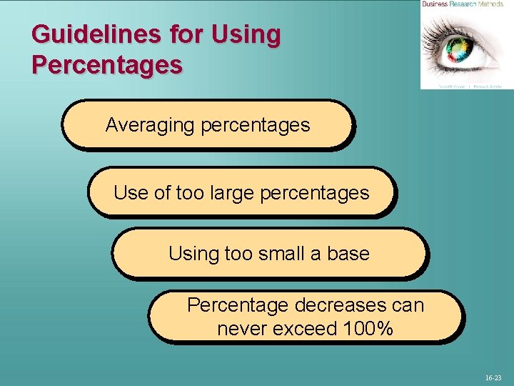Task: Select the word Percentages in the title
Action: (107, 64)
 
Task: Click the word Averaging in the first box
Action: (150, 125)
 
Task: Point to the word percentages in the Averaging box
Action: (255, 125)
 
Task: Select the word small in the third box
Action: (275, 254)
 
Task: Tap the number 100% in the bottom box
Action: (366, 330)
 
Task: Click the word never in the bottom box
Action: (241, 330)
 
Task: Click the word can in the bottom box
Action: (408, 306)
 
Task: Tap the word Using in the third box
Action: (193, 254)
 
